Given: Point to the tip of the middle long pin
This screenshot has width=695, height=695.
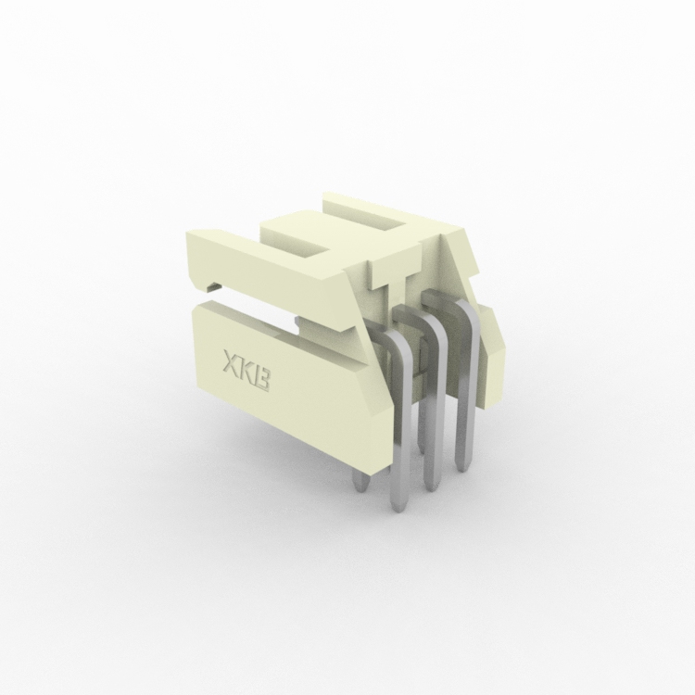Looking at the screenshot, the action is pyautogui.click(x=432, y=486).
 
